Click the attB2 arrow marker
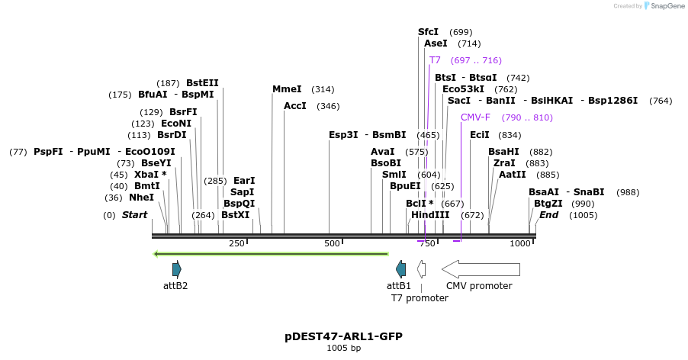pos(177,268)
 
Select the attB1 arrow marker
pos(400,268)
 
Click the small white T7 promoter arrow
pos(421,268)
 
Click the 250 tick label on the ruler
pos(236,243)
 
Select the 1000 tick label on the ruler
pos(520,243)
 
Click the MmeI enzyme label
pos(287,89)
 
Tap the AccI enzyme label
pos(294,106)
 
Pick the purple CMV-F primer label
pos(475,117)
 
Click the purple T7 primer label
pos(435,60)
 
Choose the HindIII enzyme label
pos(430,215)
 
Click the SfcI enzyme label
pos(428,32)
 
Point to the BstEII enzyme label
pos(202,83)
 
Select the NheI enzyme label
pos(141,198)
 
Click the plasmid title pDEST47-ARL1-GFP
pos(343,336)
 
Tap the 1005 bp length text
pos(343,349)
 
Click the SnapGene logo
pos(664,6)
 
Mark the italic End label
pos(548,215)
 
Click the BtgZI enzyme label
pos(548,204)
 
